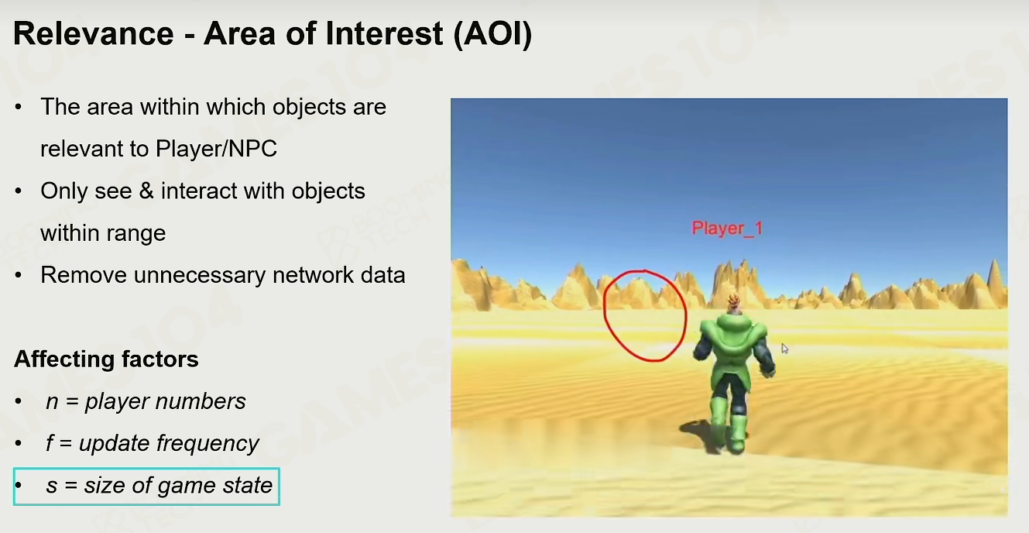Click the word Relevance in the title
[x=94, y=33]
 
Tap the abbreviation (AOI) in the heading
[x=492, y=34]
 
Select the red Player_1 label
[x=727, y=229]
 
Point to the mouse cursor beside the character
[x=784, y=349]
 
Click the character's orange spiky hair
[x=734, y=303]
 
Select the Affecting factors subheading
[x=106, y=359]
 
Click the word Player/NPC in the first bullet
[x=216, y=149]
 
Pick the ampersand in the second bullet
[x=146, y=191]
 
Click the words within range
[x=103, y=233]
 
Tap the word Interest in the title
[x=384, y=33]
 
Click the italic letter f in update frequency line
[x=50, y=443]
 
